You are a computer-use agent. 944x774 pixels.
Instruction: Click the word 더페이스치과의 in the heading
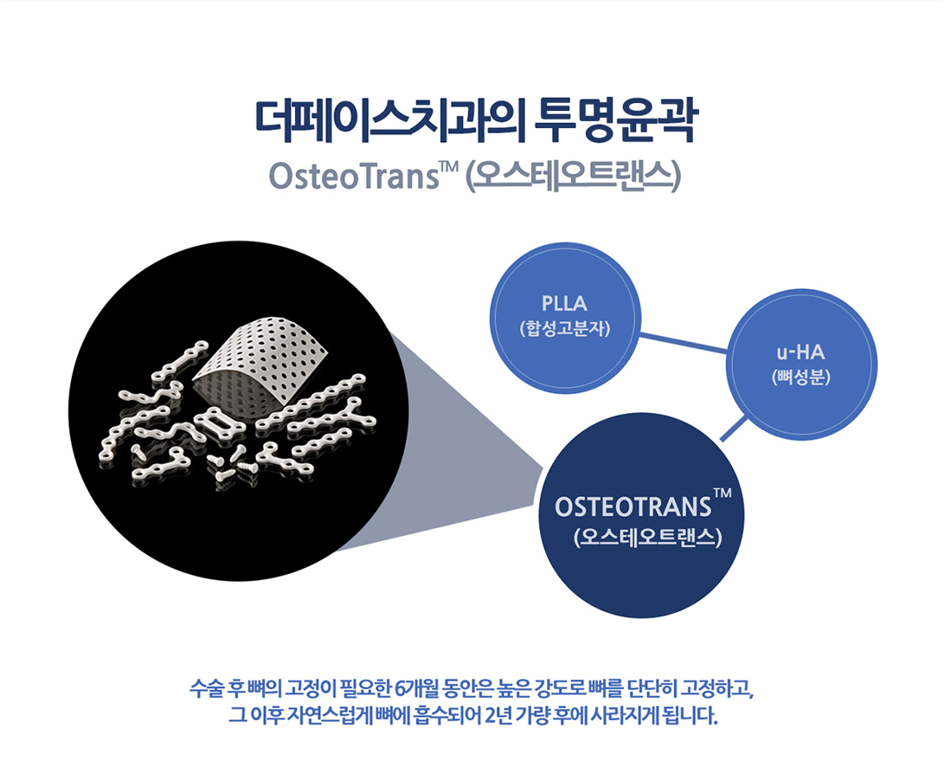coord(391,122)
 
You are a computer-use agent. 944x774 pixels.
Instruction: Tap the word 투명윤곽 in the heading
coord(616,122)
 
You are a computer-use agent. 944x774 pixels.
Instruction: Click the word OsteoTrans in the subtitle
coord(354,177)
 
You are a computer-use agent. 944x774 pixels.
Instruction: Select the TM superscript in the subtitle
coord(450,166)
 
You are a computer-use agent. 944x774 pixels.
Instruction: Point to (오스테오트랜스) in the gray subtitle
coord(573,177)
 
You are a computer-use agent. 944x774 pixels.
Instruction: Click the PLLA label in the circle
coord(564,304)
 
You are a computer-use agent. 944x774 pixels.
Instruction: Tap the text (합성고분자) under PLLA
coord(565,329)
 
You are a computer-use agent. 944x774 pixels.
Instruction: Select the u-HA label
coord(800,352)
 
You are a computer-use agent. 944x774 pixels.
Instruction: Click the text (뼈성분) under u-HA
coord(800,377)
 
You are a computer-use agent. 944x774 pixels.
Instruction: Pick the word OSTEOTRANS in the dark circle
coord(633,507)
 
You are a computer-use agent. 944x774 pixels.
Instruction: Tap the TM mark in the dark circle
coord(723,493)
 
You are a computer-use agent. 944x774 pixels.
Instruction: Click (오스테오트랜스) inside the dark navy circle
coord(648,537)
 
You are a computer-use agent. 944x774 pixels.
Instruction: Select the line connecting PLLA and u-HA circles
coord(684,343)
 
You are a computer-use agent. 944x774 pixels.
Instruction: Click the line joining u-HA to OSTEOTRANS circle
coord(735,429)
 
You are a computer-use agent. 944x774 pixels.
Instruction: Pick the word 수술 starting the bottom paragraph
coord(208,688)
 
